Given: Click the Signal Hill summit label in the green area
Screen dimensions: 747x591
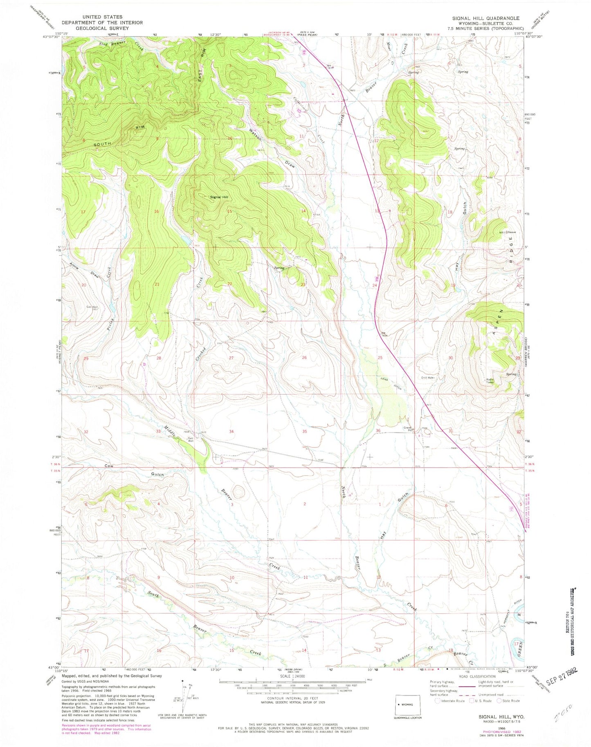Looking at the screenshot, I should coord(219,197).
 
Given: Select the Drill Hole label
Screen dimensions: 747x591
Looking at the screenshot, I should coord(427,378).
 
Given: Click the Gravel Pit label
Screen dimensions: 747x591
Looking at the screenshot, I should coord(408,429).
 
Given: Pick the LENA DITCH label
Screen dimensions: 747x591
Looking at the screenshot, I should coord(390,383).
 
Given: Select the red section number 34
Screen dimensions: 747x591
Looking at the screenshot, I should coord(231,432).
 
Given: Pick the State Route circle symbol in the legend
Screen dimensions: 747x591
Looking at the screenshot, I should coord(499,700).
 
